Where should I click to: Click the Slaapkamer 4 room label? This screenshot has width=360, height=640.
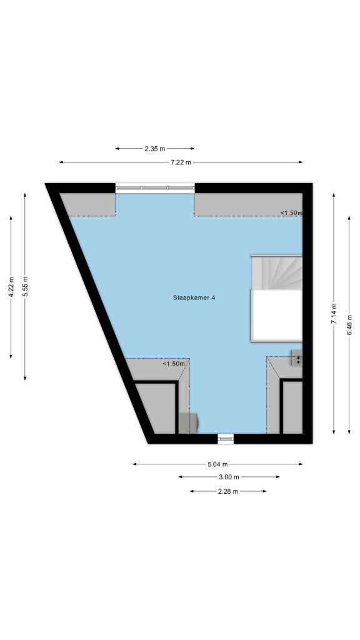[x=194, y=297]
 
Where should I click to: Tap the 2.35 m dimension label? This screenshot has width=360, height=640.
[x=155, y=149]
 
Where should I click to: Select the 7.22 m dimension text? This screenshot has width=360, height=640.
[x=181, y=162]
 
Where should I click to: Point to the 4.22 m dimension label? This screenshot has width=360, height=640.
[x=11, y=287]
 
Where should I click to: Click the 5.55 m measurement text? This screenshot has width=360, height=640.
[x=25, y=287]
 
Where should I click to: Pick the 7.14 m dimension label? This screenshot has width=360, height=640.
[x=334, y=314]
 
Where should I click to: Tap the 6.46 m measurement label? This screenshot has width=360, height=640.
[x=349, y=325]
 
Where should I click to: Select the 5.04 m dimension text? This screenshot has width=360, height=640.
[x=217, y=464]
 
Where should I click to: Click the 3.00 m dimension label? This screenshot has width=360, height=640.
[x=229, y=477]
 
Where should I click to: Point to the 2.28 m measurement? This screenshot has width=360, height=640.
[x=228, y=491]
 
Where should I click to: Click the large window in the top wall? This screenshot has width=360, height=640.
[x=155, y=188]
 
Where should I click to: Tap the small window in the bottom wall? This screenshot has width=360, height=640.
[x=226, y=438]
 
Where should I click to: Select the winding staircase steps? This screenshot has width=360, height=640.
[x=276, y=272]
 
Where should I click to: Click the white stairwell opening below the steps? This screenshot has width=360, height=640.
[x=276, y=315]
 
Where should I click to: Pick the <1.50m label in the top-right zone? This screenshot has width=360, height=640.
[x=291, y=212]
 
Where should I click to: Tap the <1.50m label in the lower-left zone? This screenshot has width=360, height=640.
[x=174, y=364]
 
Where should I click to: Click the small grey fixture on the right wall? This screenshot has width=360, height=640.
[x=297, y=357]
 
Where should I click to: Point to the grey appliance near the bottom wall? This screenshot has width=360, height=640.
[x=189, y=423]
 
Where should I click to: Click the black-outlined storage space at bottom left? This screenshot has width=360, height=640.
[x=156, y=407]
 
